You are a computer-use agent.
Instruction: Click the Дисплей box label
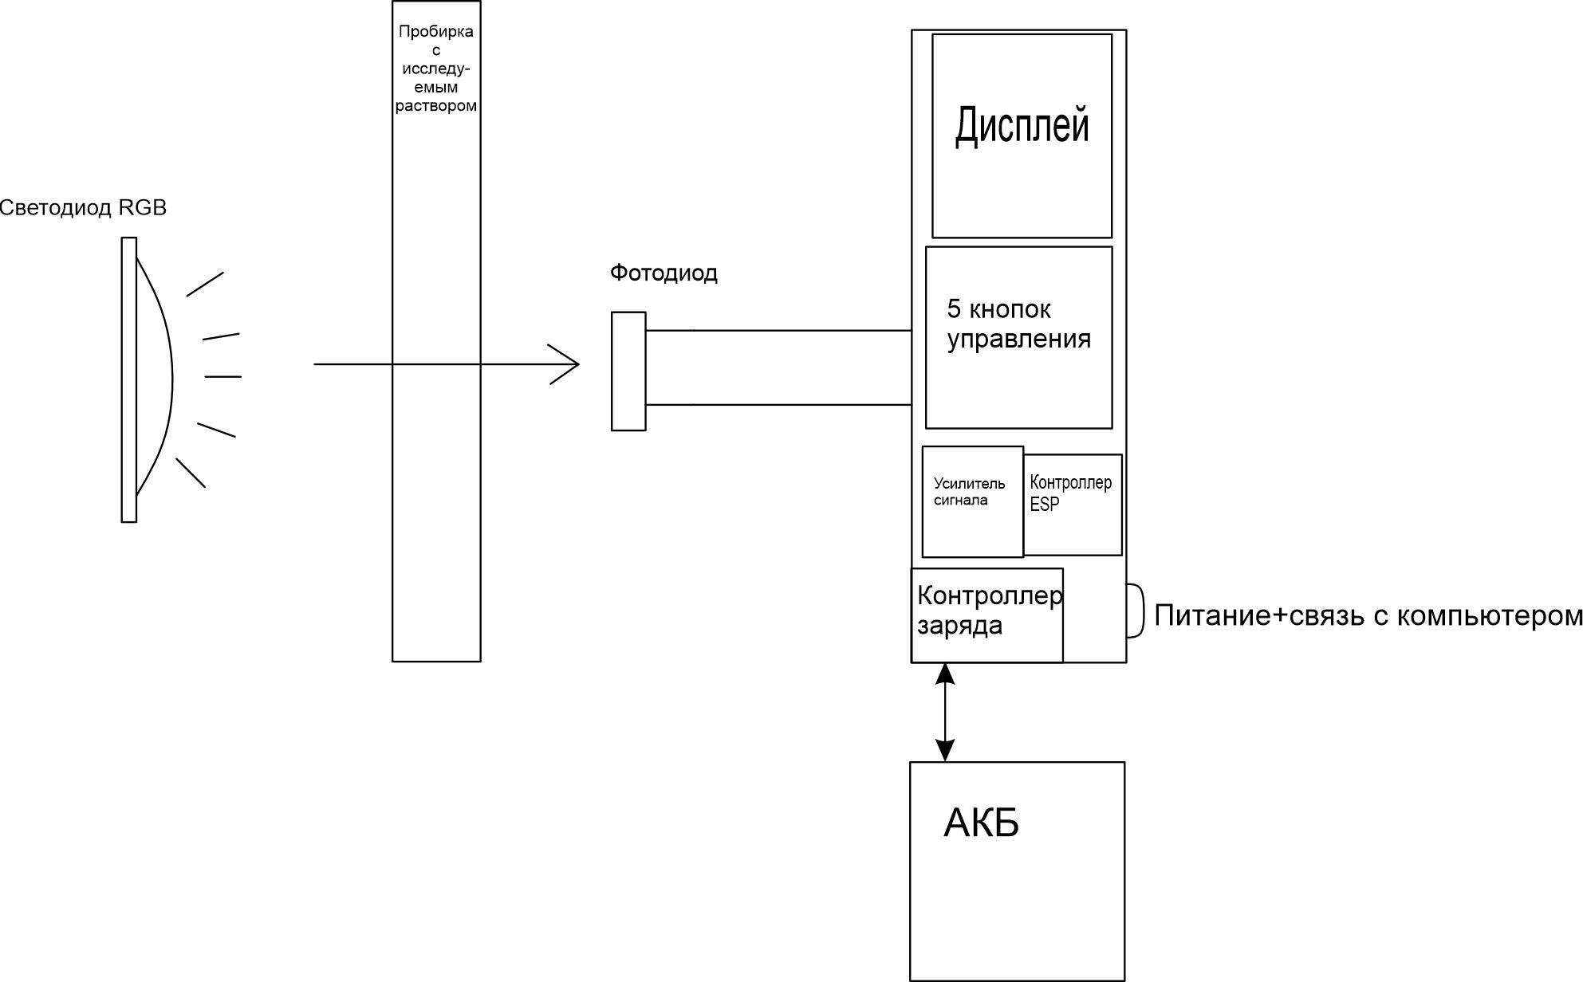pyautogui.click(x=1022, y=126)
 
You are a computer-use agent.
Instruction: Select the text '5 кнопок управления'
pyautogui.click(x=1018, y=324)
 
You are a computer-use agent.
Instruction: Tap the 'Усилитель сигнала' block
pyautogui.click(x=970, y=492)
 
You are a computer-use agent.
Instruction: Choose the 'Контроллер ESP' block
pyautogui.click(x=1070, y=493)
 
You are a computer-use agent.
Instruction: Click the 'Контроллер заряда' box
pyautogui.click(x=987, y=611)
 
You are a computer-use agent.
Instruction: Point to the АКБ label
pyautogui.click(x=981, y=823)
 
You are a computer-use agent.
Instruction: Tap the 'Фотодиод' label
pyautogui.click(x=664, y=273)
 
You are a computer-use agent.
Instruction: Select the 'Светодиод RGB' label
pyautogui.click(x=83, y=208)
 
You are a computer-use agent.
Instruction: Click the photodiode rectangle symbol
pyautogui.click(x=628, y=371)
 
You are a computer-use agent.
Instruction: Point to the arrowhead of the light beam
pyautogui.click(x=568, y=364)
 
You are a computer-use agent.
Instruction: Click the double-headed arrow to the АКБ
pyautogui.click(x=945, y=712)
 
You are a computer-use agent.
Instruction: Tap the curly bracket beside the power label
pyautogui.click(x=1136, y=611)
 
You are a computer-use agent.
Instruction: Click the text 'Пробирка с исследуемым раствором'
pyautogui.click(x=436, y=69)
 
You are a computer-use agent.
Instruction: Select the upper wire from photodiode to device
pyautogui.click(x=778, y=330)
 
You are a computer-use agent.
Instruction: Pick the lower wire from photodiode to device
pyautogui.click(x=778, y=405)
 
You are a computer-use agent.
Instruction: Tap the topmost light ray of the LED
pyautogui.click(x=205, y=285)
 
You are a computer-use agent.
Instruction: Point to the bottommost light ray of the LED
pyautogui.click(x=191, y=473)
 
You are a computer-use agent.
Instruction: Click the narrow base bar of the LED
pyautogui.click(x=129, y=379)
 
